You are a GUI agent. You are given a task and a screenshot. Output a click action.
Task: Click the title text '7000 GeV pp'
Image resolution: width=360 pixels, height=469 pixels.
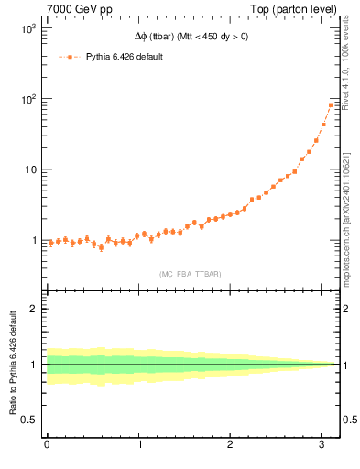pos(72,8)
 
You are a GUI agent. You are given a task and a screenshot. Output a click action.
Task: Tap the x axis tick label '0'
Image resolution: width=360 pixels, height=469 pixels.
pos(47,444)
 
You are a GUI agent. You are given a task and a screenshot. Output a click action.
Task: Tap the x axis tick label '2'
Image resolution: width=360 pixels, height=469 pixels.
pos(231,444)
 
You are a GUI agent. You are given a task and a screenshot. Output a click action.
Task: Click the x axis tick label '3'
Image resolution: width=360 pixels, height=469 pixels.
pos(322,444)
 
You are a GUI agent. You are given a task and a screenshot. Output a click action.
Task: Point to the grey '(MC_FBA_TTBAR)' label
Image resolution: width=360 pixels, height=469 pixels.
pos(190,274)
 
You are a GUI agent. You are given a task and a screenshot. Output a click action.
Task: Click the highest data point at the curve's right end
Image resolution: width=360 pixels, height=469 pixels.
pos(330,105)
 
